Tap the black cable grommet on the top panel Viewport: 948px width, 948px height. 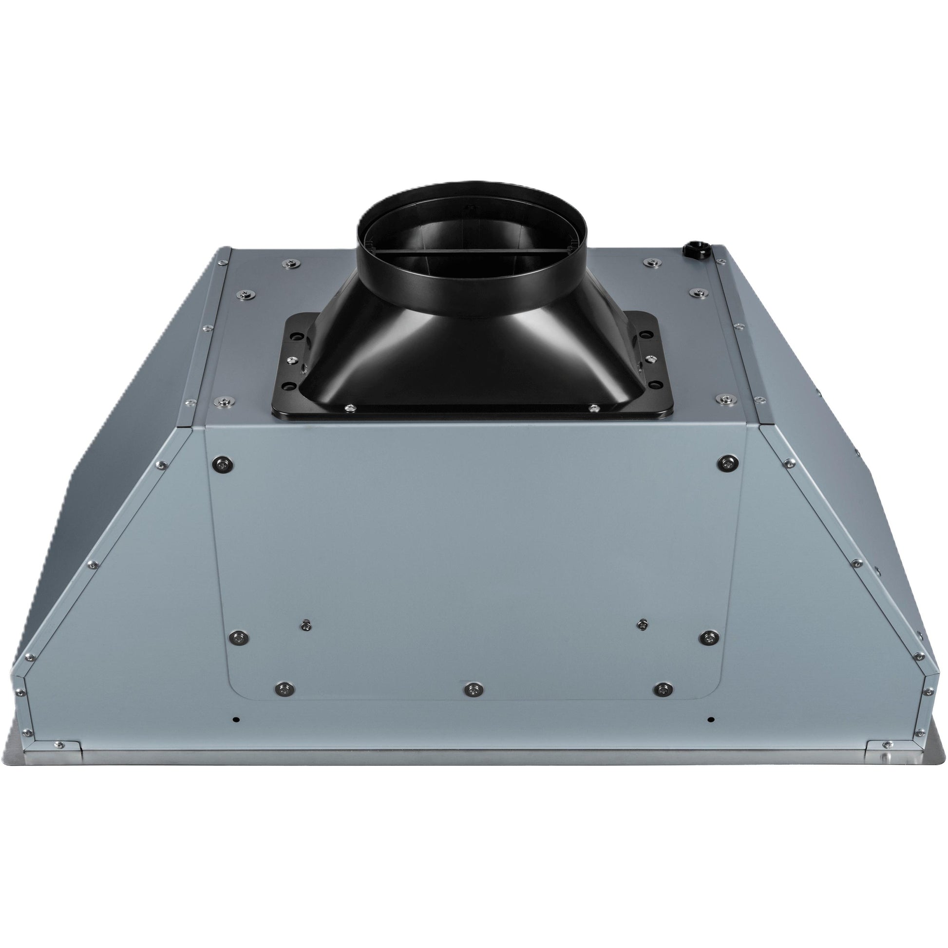click(x=696, y=249)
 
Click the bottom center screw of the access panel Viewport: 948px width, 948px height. click(x=473, y=689)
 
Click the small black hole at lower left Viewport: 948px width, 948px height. click(x=236, y=720)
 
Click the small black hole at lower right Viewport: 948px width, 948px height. click(x=710, y=720)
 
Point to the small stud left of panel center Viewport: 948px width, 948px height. click(x=306, y=625)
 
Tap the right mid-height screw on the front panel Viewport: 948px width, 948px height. click(x=707, y=637)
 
